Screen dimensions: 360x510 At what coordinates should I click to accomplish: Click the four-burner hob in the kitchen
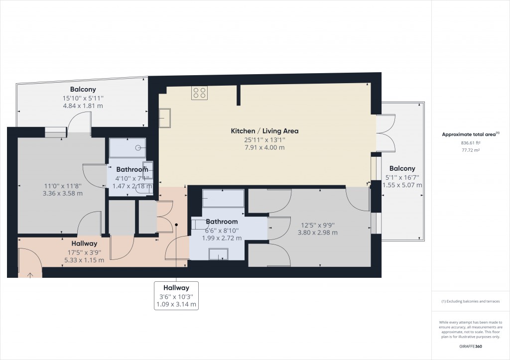[200, 93]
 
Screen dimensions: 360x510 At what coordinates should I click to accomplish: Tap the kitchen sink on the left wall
[164, 119]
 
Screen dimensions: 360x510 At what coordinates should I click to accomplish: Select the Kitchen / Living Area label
[264, 131]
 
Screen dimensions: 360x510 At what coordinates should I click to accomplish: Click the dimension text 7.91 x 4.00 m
[264, 147]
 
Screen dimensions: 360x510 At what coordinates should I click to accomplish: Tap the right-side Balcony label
[402, 168]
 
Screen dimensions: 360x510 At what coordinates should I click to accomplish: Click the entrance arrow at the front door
[30, 274]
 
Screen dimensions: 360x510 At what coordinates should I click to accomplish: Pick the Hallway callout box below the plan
[176, 296]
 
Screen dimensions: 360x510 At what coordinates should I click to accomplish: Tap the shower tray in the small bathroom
[127, 147]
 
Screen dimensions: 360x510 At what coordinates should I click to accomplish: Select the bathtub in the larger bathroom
[223, 199]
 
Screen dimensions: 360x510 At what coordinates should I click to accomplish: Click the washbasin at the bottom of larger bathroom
[219, 254]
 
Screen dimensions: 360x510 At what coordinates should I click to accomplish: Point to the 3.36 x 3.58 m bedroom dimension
[63, 194]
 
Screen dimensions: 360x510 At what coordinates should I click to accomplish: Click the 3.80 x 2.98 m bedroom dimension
[317, 232]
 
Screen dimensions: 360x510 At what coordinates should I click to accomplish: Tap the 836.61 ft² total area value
[471, 142]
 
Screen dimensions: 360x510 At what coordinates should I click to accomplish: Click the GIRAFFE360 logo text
[471, 347]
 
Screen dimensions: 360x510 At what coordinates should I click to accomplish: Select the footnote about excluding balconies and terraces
[471, 302]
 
